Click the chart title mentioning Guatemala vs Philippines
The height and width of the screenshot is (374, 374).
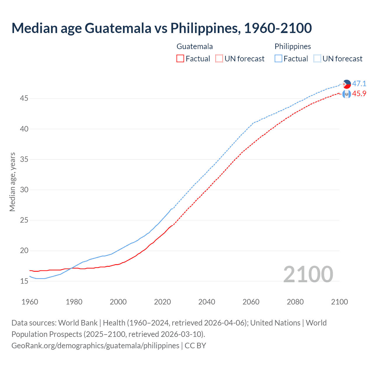(162, 28)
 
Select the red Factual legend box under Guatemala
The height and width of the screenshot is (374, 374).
(180, 59)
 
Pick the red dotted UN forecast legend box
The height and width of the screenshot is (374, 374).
(219, 59)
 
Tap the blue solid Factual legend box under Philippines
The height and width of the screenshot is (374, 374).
(278, 59)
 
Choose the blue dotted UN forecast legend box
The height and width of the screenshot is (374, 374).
(317, 59)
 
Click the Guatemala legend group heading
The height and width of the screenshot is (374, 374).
(195, 46)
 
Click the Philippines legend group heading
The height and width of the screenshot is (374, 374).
(292, 46)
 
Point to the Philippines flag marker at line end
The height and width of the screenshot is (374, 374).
(347, 84)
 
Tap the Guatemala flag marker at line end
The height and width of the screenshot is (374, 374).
(347, 94)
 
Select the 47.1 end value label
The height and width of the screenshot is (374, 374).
(359, 84)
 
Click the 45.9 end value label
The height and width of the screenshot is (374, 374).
(359, 94)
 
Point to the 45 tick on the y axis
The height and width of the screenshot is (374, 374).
(24, 98)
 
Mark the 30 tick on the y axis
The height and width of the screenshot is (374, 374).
(24, 190)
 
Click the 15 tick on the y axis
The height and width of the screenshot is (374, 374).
(24, 281)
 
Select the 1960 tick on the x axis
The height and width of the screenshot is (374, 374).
(30, 302)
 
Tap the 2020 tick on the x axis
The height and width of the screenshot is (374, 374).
(162, 302)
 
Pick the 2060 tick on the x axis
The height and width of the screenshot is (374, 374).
(251, 302)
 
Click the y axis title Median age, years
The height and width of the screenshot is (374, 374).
(12, 182)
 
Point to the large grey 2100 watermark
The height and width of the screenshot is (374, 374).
(308, 274)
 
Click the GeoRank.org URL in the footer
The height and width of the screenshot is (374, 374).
(95, 346)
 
